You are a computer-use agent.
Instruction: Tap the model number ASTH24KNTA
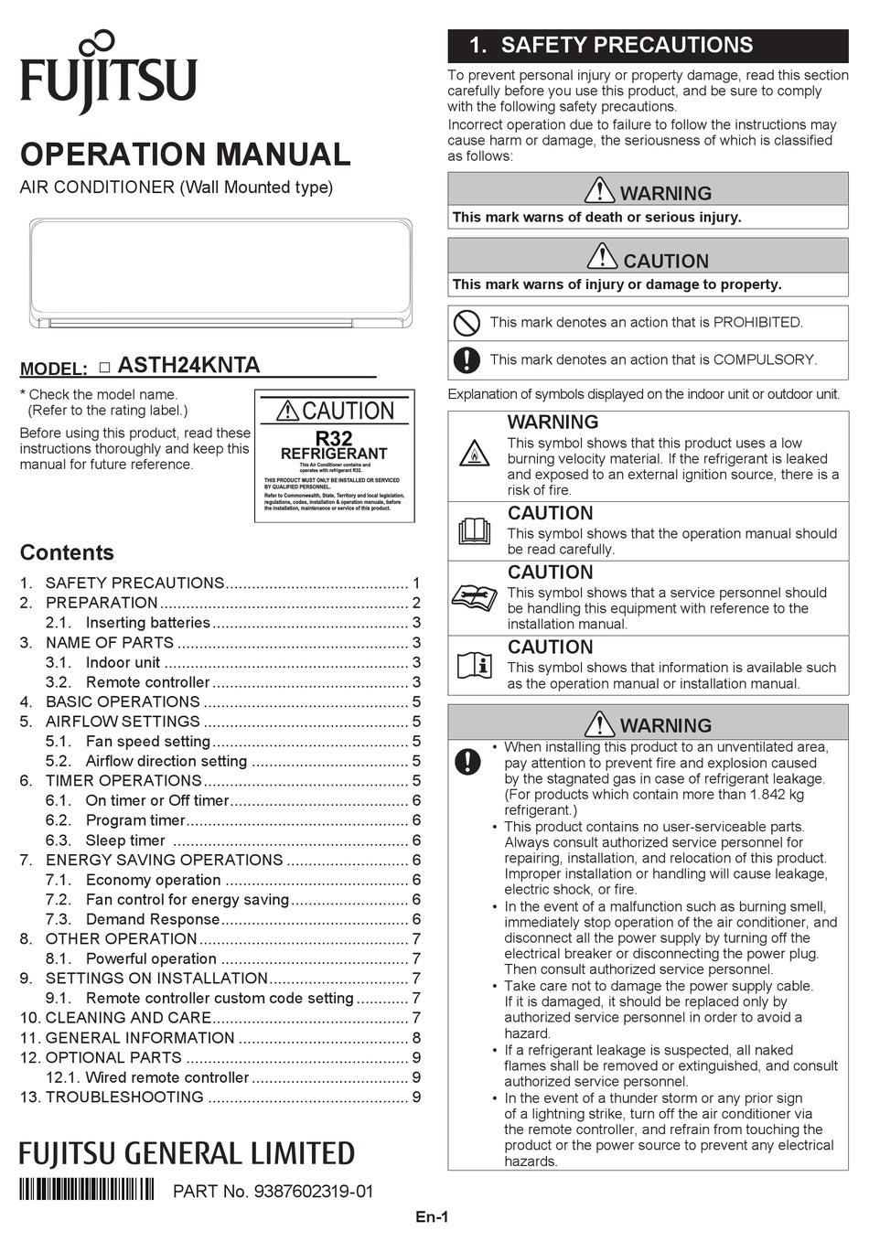click(188, 366)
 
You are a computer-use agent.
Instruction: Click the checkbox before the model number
click(104, 368)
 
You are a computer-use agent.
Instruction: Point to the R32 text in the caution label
click(334, 439)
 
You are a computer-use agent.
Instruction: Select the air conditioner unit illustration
click(220, 273)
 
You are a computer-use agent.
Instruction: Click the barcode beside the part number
click(87, 1190)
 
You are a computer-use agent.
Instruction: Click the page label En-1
click(432, 1217)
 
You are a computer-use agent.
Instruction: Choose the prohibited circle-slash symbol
click(467, 323)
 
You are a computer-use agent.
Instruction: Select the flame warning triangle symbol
click(474, 453)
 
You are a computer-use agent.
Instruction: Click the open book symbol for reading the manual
click(474, 530)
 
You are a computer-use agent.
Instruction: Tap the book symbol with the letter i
click(474, 665)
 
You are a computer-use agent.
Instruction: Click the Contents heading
click(67, 552)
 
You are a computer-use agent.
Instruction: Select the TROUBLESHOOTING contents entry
click(124, 1097)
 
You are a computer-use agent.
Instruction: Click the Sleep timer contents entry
click(125, 840)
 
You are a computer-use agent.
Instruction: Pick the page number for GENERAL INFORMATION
click(416, 1038)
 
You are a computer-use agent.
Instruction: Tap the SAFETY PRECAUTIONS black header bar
click(648, 46)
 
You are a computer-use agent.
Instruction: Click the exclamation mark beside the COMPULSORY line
click(467, 360)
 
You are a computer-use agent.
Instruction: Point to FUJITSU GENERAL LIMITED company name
click(187, 1153)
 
